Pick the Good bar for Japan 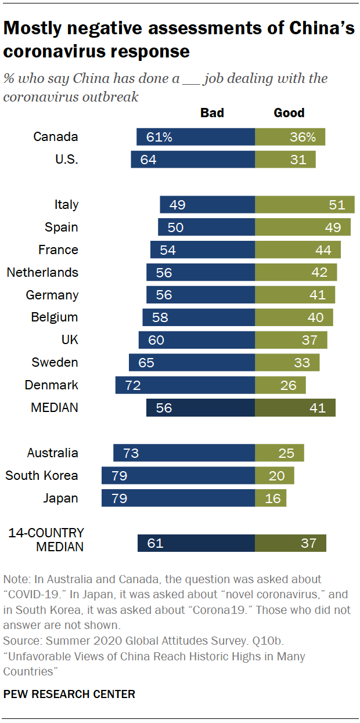[271, 498]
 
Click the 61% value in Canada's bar [159, 138]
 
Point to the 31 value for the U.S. [298, 160]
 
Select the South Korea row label [42, 476]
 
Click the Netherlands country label [42, 273]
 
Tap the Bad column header [212, 113]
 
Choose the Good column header [289, 113]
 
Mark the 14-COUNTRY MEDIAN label [46, 540]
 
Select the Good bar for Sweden [287, 363]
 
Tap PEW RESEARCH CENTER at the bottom [69, 694]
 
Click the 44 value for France [323, 250]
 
